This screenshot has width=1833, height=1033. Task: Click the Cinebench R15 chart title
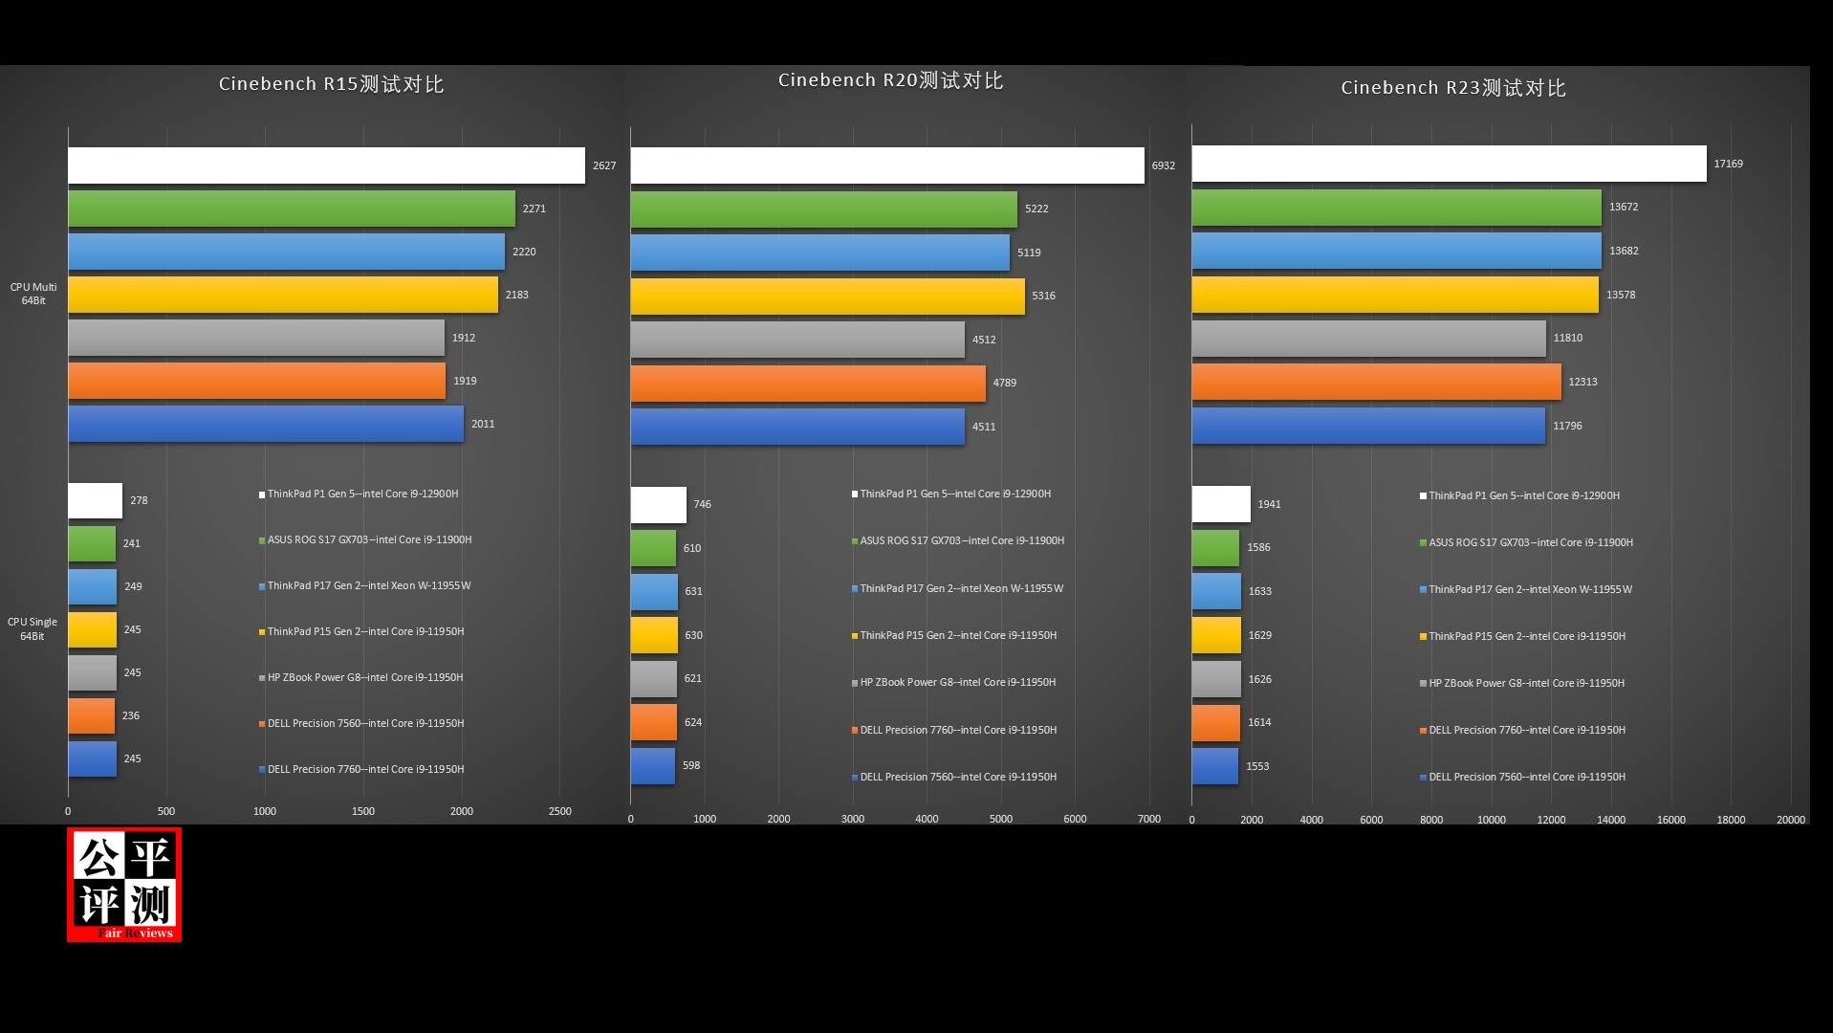click(x=331, y=84)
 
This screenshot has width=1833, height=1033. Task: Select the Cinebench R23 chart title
click(x=1452, y=88)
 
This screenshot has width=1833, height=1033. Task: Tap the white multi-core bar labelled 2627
click(x=326, y=165)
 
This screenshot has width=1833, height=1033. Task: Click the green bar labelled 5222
click(x=823, y=209)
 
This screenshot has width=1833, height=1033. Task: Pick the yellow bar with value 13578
click(x=1394, y=295)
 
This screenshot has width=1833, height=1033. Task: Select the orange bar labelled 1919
click(x=256, y=381)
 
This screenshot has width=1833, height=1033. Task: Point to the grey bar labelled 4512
click(x=797, y=340)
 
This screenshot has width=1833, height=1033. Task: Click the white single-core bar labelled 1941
click(x=1220, y=504)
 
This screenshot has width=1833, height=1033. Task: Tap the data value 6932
click(x=1163, y=165)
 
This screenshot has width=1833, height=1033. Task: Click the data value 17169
click(x=1728, y=164)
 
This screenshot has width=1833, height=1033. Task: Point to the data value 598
click(x=691, y=765)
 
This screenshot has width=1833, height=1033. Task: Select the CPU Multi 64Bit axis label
click(x=33, y=294)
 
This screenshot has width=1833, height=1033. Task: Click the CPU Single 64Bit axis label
click(x=33, y=628)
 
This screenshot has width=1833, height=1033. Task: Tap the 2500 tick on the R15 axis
click(x=559, y=811)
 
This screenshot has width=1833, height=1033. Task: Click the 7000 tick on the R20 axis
click(x=1148, y=819)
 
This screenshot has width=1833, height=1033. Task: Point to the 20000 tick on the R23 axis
click(x=1790, y=820)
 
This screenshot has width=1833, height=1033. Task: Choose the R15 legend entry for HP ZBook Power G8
click(x=364, y=677)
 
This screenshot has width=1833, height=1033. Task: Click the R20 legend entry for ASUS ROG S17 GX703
click(x=961, y=540)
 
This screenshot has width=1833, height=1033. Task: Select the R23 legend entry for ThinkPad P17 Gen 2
click(x=1530, y=589)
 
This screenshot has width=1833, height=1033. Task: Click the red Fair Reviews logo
click(x=124, y=885)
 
